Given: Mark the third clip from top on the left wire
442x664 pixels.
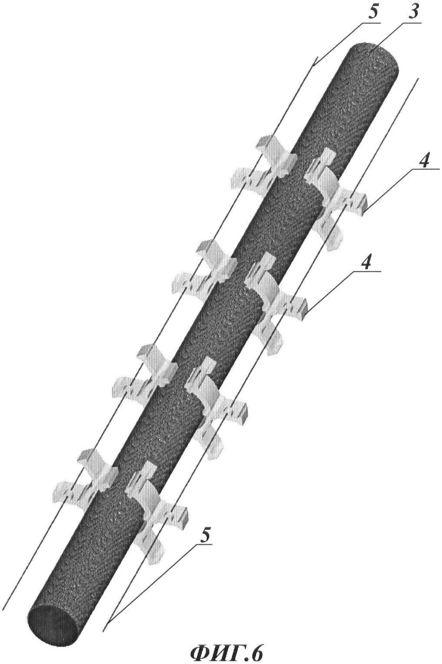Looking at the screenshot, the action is click(x=146, y=373).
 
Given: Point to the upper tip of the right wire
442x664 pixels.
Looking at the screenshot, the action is click(x=418, y=78).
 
